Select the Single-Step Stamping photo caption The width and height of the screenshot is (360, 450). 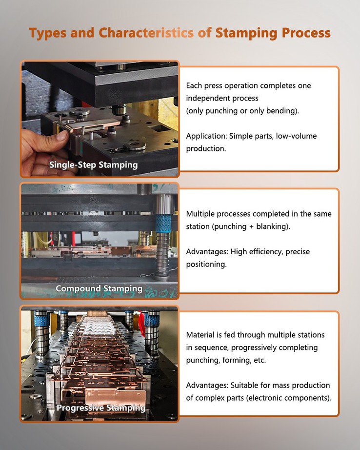93,165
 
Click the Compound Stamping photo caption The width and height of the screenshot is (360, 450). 99,288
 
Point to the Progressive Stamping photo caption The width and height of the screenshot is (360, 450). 101,408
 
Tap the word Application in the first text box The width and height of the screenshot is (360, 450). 206,136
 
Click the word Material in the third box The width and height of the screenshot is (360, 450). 201,335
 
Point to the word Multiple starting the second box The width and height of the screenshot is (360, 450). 200,214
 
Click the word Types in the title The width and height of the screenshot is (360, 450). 44,33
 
